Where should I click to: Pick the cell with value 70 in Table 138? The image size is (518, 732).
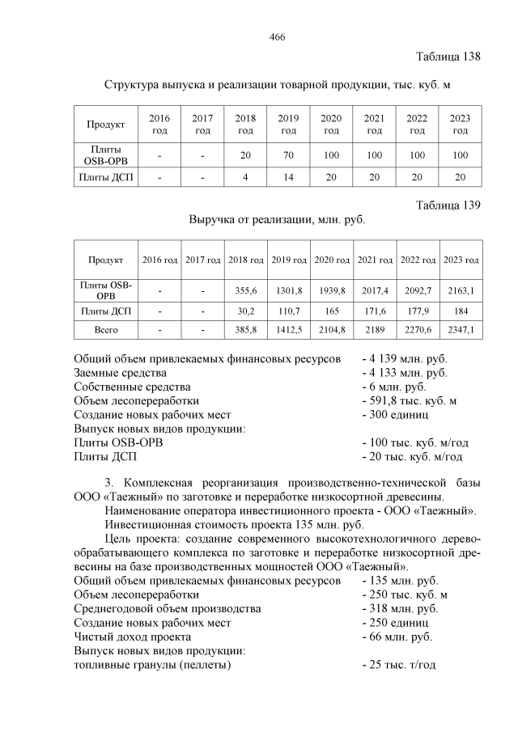(288, 154)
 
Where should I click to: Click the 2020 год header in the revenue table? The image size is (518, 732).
(331, 260)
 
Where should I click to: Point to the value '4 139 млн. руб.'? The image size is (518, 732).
(404, 358)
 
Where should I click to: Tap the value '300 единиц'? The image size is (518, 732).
(395, 414)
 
